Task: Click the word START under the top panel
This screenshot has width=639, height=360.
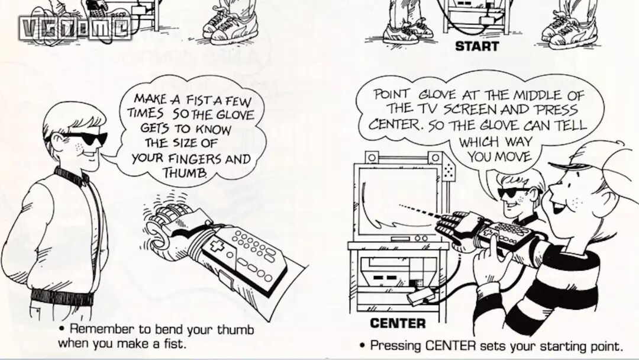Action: click(477, 46)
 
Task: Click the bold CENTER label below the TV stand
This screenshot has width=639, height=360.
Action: click(398, 323)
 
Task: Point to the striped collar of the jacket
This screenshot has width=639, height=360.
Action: click(72, 175)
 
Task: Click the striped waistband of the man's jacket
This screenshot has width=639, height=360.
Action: click(62, 294)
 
